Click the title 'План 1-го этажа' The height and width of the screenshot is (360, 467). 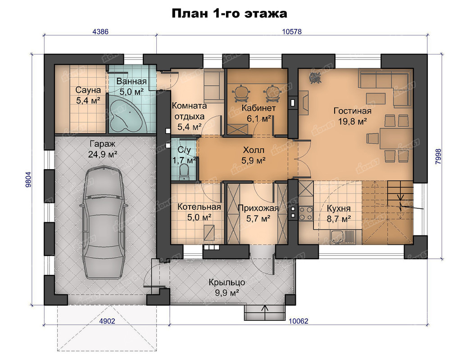(229, 13)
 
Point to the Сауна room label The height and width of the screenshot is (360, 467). (88, 90)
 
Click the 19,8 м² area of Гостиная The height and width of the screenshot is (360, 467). (352, 121)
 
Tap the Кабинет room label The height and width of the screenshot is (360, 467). (258, 108)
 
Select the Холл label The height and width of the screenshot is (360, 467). (254, 150)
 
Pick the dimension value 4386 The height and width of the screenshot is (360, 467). (100, 31)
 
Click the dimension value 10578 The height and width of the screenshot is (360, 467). (292, 31)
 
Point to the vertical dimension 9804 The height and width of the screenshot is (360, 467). (28, 180)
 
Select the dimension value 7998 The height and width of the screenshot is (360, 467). (438, 157)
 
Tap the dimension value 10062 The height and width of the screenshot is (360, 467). (299, 321)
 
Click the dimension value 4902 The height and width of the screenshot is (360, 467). (107, 321)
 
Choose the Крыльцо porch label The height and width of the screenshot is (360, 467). (227, 282)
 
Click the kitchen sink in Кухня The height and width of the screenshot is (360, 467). (337, 237)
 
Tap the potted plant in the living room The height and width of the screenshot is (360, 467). (314, 78)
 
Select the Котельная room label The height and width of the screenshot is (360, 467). (199, 207)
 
